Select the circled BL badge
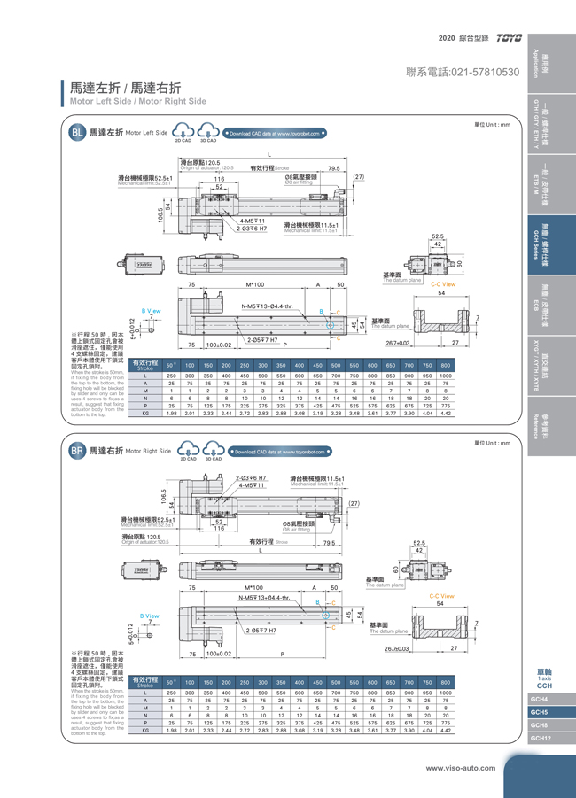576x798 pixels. point(78,133)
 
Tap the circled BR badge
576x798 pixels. point(78,451)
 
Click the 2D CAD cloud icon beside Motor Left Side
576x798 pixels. point(185,133)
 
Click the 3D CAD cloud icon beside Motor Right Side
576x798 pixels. point(214,451)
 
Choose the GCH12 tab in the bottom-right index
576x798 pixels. point(540,738)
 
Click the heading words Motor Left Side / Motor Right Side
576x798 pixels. point(137,101)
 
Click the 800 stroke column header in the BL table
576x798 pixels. point(446,365)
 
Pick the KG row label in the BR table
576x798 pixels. point(145,731)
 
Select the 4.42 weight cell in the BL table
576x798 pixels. point(446,413)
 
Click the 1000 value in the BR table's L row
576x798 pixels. point(446,693)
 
